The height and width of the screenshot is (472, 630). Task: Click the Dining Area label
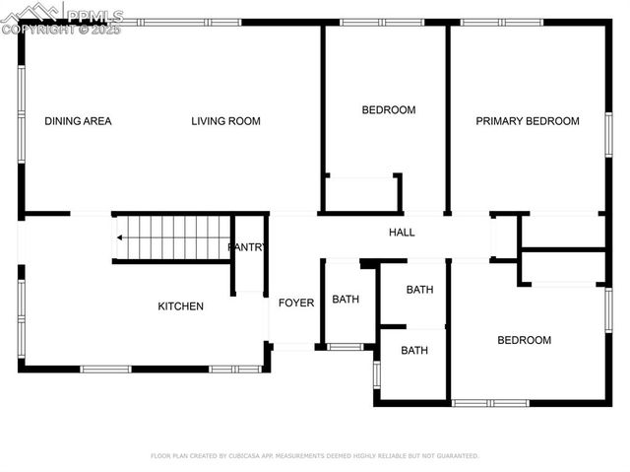tap(78, 121)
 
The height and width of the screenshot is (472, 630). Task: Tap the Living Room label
tap(225, 121)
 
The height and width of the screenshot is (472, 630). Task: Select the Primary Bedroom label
tap(528, 121)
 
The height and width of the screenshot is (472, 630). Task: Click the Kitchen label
tap(181, 306)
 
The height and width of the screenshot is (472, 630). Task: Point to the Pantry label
tap(246, 247)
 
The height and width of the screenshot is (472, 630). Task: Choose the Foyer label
tap(296, 303)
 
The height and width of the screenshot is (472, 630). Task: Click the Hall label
tap(402, 233)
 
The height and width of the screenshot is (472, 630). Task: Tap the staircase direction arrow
tap(119, 236)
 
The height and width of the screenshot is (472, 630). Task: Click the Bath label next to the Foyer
tap(346, 300)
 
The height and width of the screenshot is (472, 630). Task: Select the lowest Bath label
tap(414, 350)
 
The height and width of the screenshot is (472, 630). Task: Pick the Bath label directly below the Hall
tap(420, 290)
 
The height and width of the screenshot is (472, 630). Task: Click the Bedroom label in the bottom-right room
tap(524, 340)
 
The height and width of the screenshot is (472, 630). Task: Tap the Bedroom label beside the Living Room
tap(389, 110)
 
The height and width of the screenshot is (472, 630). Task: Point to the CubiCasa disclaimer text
tap(315, 456)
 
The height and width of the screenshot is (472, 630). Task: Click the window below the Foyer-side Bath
tap(345, 347)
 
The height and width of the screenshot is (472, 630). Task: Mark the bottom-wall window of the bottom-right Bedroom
tap(490, 402)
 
